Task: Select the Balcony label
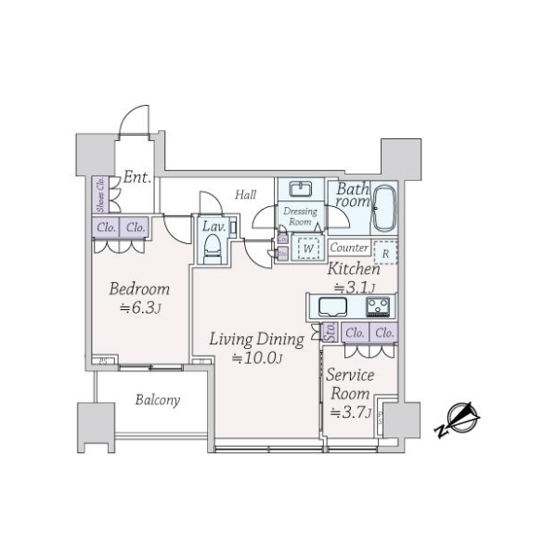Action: click(x=157, y=401)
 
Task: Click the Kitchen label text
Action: click(x=353, y=268)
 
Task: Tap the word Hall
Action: click(x=245, y=195)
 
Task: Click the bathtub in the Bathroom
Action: click(x=385, y=211)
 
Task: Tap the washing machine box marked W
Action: click(x=306, y=248)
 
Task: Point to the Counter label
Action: click(x=349, y=248)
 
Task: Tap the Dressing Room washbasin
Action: click(x=301, y=189)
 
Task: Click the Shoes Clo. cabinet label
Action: click(x=100, y=195)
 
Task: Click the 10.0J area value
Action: click(x=256, y=357)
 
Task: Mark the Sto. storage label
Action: click(x=330, y=332)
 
